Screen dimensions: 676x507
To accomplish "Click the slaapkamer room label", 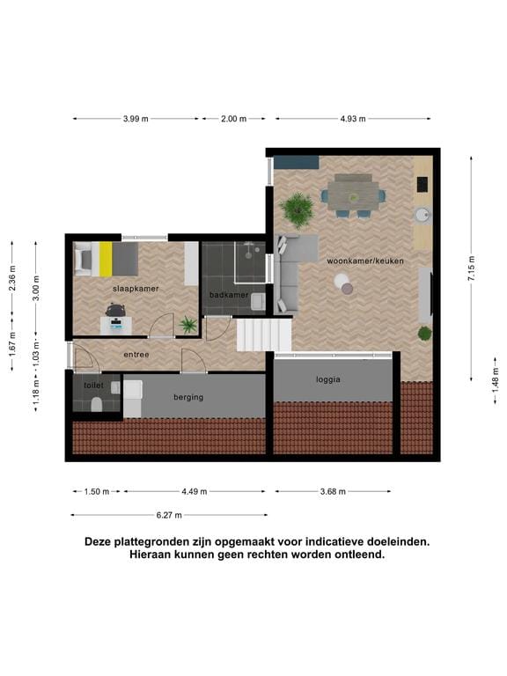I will [136, 288].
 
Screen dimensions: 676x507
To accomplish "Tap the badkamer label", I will [228, 295].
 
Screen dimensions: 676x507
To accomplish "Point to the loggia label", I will [327, 380].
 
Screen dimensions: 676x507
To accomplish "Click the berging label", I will [188, 397].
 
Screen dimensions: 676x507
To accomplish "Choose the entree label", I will [136, 355].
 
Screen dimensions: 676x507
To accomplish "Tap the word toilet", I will [93, 386].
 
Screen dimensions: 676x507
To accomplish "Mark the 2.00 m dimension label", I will [233, 119].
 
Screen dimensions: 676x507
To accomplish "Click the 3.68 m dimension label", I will [332, 492].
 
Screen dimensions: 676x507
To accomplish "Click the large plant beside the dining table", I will [297, 209].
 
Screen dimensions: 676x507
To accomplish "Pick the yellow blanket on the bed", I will [106, 259].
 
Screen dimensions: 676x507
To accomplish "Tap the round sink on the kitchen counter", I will [422, 213].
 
